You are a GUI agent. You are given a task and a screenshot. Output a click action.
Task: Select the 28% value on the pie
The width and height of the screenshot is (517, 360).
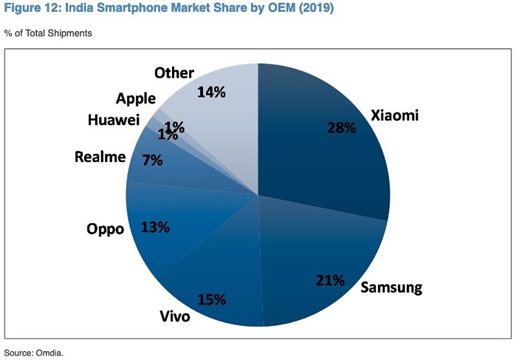pyautogui.click(x=341, y=128)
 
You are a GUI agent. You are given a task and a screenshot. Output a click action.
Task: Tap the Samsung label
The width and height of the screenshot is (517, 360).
pyautogui.click(x=391, y=287)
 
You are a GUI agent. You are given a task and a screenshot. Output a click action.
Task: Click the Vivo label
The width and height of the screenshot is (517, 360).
pyautogui.click(x=175, y=316)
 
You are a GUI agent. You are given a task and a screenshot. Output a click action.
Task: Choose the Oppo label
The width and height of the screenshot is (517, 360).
pyautogui.click(x=106, y=228)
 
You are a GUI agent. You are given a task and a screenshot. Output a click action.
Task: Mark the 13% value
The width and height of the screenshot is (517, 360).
pyautogui.click(x=155, y=227)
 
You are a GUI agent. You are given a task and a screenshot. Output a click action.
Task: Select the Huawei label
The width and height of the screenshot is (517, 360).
pyautogui.click(x=112, y=120)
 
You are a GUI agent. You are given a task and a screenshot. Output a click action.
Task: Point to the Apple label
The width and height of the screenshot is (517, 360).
pyautogui.click(x=135, y=98)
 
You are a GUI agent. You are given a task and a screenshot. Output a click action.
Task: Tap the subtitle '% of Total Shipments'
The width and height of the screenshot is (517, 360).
pyautogui.click(x=48, y=33)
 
